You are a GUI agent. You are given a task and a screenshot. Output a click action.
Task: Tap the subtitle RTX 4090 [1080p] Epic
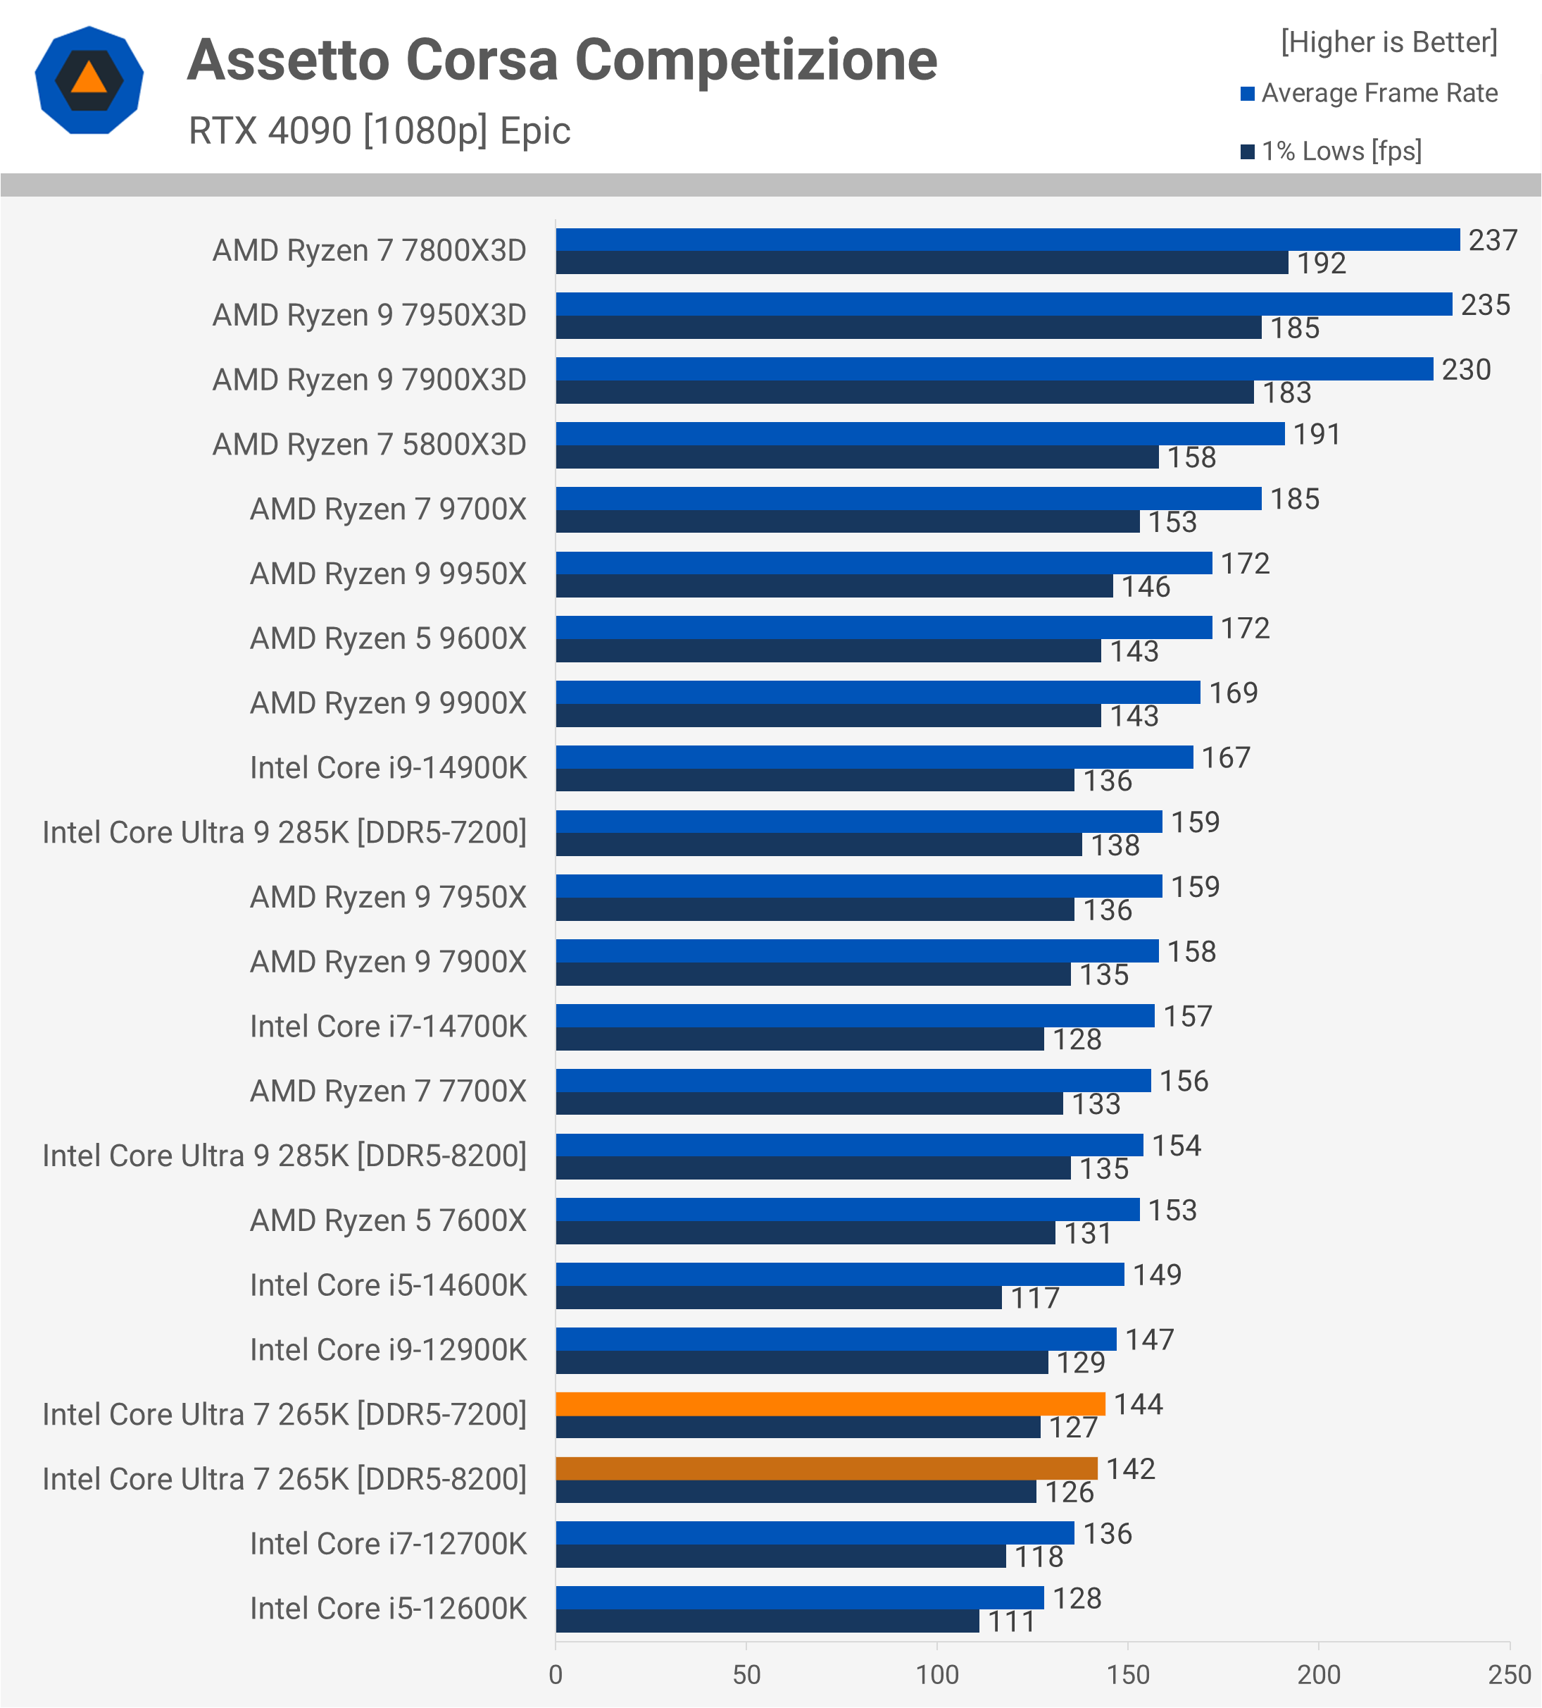click(380, 130)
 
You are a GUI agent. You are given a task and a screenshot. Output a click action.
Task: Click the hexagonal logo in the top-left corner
click(89, 80)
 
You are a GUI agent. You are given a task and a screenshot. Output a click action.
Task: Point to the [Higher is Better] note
click(1389, 42)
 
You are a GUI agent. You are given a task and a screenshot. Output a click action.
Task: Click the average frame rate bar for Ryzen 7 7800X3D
click(1008, 240)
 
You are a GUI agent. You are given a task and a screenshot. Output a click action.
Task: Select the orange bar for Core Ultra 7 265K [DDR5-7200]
click(830, 1404)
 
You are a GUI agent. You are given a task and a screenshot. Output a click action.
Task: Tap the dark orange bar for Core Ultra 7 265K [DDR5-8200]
click(827, 1468)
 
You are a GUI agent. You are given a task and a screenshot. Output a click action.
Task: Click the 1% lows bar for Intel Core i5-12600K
click(767, 1621)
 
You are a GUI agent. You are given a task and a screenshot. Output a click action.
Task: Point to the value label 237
click(1493, 240)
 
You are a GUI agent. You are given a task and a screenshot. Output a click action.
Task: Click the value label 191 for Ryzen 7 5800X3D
click(1317, 434)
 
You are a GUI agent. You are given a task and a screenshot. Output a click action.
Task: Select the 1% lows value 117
click(1035, 1298)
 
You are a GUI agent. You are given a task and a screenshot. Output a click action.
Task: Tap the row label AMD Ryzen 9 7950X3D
click(369, 315)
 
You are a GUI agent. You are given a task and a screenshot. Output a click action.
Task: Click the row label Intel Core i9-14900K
click(388, 767)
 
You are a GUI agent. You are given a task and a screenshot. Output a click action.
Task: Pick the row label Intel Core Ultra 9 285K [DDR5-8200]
click(284, 1156)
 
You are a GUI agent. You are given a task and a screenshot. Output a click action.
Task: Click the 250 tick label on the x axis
click(1510, 1674)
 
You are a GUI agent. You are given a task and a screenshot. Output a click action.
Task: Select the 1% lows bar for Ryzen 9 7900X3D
click(904, 392)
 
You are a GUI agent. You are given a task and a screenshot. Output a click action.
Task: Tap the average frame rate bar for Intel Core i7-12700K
click(815, 1533)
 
